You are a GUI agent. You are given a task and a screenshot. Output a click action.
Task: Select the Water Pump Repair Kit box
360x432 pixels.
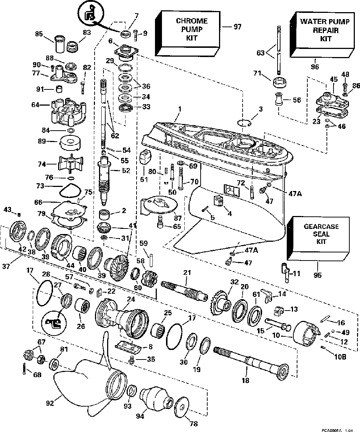(x=322, y=35)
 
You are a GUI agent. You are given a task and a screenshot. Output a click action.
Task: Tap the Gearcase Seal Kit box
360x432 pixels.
(x=318, y=238)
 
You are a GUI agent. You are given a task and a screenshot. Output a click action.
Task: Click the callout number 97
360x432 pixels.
(x=237, y=27)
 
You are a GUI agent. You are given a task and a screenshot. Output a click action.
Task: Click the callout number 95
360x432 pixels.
(x=318, y=275)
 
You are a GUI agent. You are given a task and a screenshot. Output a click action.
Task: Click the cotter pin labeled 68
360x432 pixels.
(x=24, y=369)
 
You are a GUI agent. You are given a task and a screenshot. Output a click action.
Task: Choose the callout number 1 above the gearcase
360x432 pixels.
(x=180, y=109)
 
